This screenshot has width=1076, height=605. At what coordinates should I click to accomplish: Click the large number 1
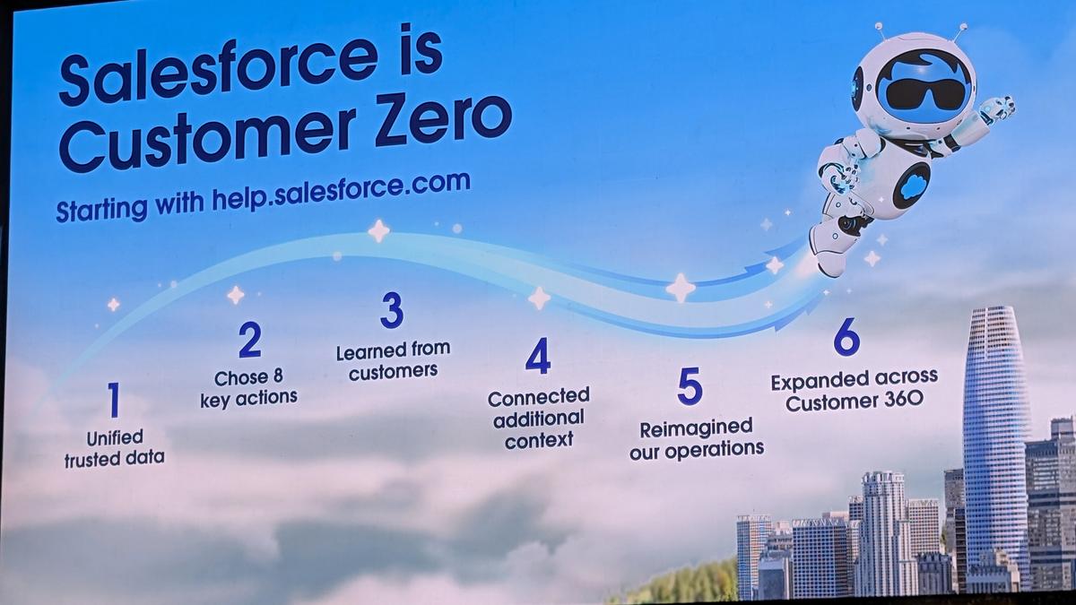113,400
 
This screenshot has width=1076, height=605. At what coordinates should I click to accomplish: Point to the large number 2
250,340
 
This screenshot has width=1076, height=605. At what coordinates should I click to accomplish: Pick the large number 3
392,310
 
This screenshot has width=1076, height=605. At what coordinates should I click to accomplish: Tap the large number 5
690,385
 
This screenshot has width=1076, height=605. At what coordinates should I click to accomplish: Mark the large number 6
846,337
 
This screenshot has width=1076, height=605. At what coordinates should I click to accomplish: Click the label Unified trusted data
115,448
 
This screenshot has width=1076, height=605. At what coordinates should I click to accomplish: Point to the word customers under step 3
394,372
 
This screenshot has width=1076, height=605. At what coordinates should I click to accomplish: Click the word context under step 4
539,440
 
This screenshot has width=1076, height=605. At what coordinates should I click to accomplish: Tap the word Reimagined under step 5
696,428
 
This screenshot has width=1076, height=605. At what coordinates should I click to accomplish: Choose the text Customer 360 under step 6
855,401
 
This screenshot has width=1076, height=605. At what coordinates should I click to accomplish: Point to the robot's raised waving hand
997,108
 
